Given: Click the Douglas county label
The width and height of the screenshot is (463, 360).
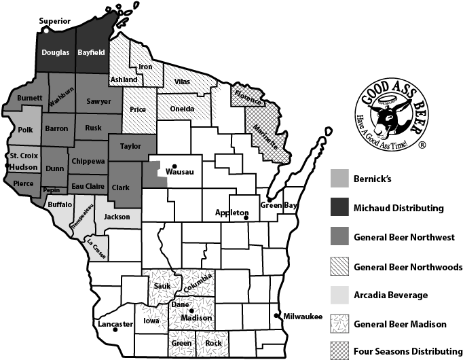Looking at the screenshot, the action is [x=55, y=52].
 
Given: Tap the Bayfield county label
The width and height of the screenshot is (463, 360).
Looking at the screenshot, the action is [x=92, y=52].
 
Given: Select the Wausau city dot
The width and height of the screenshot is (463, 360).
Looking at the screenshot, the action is [x=174, y=166].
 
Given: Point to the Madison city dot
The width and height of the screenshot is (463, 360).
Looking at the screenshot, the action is [x=191, y=311].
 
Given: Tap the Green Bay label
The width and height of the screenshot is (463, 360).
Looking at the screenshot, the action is [x=279, y=205].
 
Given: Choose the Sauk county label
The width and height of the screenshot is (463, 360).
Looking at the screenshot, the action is [x=162, y=286].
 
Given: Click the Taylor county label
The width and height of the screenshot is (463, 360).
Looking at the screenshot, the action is [x=130, y=145].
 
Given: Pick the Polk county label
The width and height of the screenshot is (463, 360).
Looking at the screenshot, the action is [x=26, y=129].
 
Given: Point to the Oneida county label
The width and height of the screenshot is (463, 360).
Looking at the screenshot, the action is [x=182, y=109].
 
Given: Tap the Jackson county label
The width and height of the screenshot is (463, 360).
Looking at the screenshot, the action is [x=117, y=217].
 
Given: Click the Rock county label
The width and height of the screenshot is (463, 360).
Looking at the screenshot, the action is [x=214, y=343].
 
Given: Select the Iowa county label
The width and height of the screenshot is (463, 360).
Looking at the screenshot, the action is [x=152, y=321].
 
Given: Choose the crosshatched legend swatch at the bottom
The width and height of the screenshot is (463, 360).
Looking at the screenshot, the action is [x=339, y=350].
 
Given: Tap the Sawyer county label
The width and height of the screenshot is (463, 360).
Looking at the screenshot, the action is [x=99, y=101].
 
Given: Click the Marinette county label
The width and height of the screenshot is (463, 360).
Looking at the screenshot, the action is [x=265, y=138].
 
